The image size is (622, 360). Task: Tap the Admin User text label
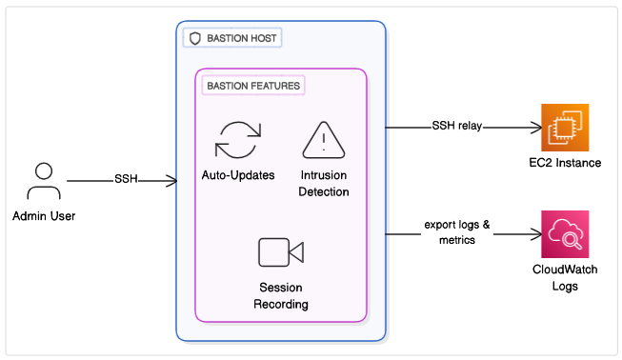click(44, 216)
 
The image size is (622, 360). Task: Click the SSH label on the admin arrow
click(126, 179)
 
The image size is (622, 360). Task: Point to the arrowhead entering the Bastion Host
click(172, 181)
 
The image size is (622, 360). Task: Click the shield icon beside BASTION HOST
click(194, 38)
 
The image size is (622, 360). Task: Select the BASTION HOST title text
click(242, 38)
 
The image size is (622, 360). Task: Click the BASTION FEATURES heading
click(253, 86)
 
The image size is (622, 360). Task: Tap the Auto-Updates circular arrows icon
click(238, 140)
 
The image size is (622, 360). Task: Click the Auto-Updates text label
click(238, 175)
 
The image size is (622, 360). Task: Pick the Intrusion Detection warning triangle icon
click(324, 140)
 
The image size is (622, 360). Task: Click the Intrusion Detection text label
click(324, 184)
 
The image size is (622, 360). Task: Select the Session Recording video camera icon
click(281, 252)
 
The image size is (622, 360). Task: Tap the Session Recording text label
click(281, 296)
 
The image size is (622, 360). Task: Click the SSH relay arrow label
click(457, 126)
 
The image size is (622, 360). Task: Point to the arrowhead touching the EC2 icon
click(536, 128)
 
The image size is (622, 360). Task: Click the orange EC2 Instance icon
click(565, 128)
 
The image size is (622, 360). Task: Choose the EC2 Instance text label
click(565, 163)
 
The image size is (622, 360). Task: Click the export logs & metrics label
click(457, 232)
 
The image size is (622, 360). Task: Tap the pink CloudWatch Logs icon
click(565, 234)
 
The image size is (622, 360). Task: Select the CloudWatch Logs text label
click(565, 278)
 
